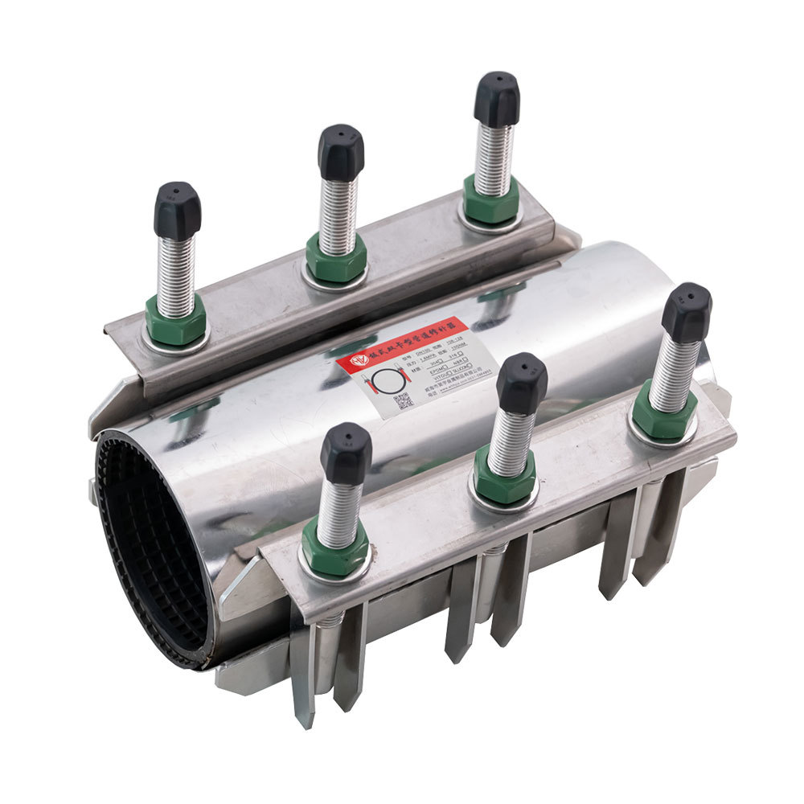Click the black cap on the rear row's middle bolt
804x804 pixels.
tap(341, 151)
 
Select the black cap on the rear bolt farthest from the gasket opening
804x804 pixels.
tap(496, 99)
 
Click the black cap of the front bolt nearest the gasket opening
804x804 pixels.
tap(346, 453)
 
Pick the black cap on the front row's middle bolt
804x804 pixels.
tap(522, 383)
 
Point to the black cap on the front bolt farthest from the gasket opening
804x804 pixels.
tap(687, 312)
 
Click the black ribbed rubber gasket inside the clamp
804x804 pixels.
tap(149, 547)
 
